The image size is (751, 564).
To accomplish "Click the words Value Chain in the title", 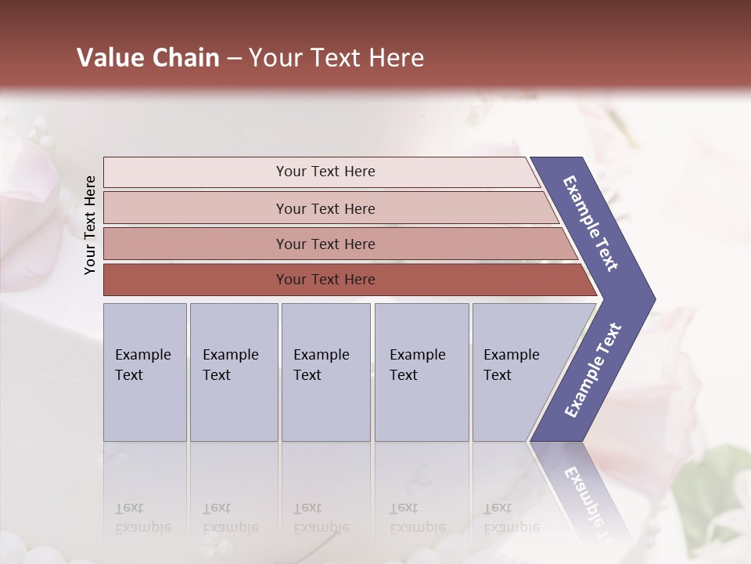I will click(148, 58).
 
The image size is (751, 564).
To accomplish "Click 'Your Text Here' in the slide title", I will click(336, 58).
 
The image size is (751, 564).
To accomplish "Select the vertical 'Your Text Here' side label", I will click(90, 226).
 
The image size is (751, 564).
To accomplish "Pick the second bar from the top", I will click(325, 208).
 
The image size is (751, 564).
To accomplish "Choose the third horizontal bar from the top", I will click(325, 244).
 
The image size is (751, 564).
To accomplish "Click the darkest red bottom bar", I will click(325, 280).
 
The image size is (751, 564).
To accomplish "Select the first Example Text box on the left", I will click(145, 372).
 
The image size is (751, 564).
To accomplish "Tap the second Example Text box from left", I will click(233, 372).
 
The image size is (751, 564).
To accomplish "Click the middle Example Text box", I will click(325, 372).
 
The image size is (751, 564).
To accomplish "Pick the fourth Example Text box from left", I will click(421, 372).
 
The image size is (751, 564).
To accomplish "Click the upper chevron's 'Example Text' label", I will click(591, 223).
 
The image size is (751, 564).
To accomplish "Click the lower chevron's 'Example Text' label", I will click(593, 371).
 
